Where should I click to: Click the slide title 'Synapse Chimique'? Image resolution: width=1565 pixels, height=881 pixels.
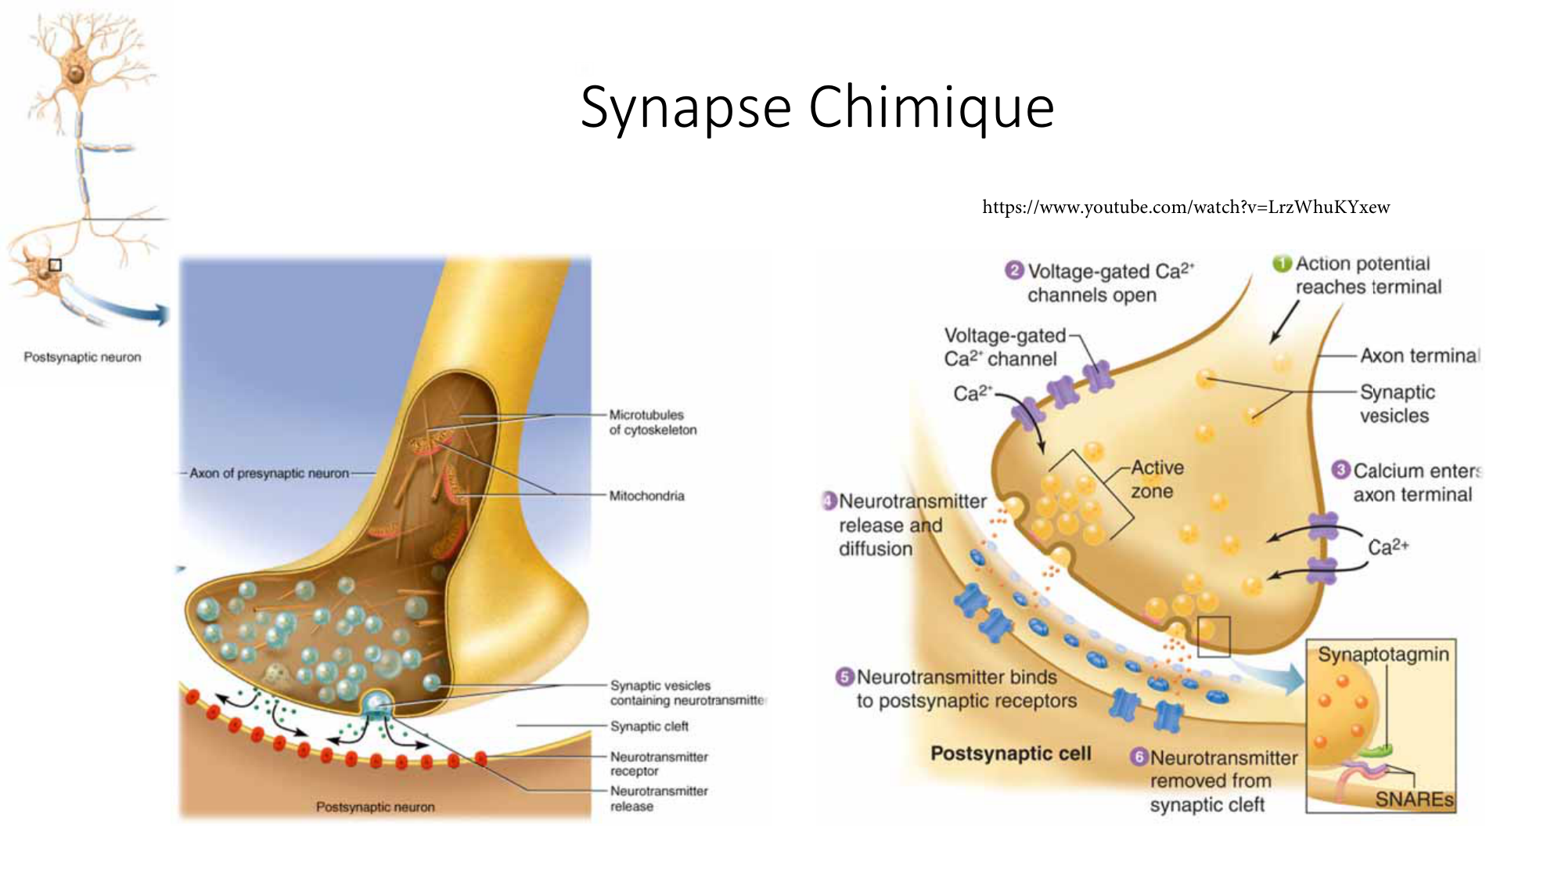pyautogui.click(x=817, y=107)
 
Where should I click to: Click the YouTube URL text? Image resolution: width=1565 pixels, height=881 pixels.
pyautogui.click(x=1185, y=208)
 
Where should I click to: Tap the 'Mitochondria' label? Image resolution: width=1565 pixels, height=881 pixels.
pyautogui.click(x=646, y=496)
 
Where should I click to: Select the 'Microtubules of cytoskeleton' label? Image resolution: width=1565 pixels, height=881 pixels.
pyautogui.click(x=653, y=422)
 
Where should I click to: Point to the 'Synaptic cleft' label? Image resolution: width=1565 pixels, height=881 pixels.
pyautogui.click(x=649, y=726)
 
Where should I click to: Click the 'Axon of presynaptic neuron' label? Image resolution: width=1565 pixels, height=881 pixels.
pyautogui.click(x=269, y=473)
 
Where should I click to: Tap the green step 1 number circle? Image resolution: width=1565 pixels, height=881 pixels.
pyautogui.click(x=1282, y=264)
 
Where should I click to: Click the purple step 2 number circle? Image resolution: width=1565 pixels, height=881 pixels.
pyautogui.click(x=1014, y=271)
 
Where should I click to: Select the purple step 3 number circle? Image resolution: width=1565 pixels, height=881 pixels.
pyautogui.click(x=1341, y=470)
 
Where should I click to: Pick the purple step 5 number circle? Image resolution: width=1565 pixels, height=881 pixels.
pyautogui.click(x=845, y=677)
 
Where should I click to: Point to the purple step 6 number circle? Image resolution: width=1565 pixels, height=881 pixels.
pyautogui.click(x=1139, y=756)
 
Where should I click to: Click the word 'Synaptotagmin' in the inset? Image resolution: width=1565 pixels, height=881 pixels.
pyautogui.click(x=1383, y=654)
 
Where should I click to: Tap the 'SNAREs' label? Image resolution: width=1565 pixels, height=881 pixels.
pyautogui.click(x=1414, y=799)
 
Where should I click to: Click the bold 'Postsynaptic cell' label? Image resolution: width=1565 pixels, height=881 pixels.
pyautogui.click(x=1010, y=753)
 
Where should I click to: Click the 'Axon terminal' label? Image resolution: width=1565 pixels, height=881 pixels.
pyautogui.click(x=1419, y=356)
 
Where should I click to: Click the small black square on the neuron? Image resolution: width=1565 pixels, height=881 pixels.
pyautogui.click(x=55, y=265)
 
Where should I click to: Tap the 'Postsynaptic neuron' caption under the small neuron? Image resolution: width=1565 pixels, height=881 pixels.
pyautogui.click(x=82, y=357)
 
